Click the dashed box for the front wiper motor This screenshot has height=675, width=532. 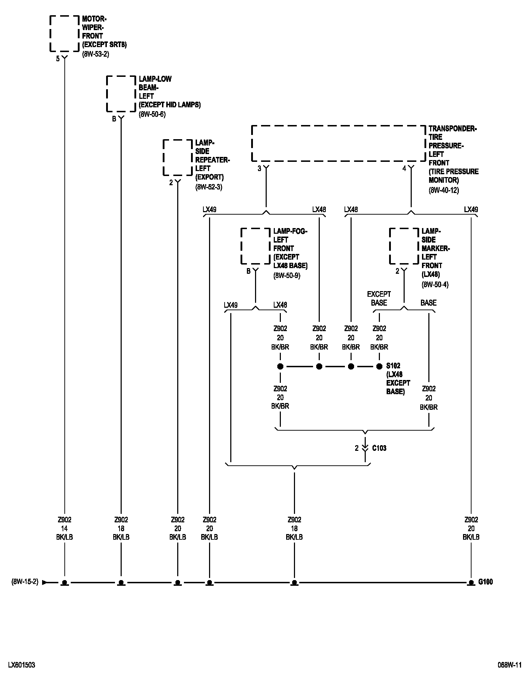(64, 33)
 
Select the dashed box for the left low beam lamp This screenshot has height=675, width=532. (121, 94)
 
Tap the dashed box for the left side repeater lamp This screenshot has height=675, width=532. (178, 158)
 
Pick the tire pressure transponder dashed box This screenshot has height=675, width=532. (339, 143)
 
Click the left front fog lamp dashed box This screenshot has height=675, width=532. (255, 246)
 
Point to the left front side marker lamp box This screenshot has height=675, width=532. (404, 246)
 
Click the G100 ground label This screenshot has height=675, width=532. (485, 582)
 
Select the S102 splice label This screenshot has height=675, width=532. (393, 366)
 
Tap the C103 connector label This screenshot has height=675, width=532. (379, 448)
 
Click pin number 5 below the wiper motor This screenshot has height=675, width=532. (58, 59)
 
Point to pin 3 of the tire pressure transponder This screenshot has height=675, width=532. (259, 169)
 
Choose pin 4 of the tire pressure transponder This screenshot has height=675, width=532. (404, 169)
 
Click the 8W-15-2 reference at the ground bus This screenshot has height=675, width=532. (25, 582)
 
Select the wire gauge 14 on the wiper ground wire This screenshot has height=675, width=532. (64, 528)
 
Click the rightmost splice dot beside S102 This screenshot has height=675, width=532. (379, 367)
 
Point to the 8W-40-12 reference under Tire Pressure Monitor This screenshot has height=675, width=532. (444, 190)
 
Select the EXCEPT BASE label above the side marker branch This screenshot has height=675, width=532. (379, 299)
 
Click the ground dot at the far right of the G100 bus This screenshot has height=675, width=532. (471, 582)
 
